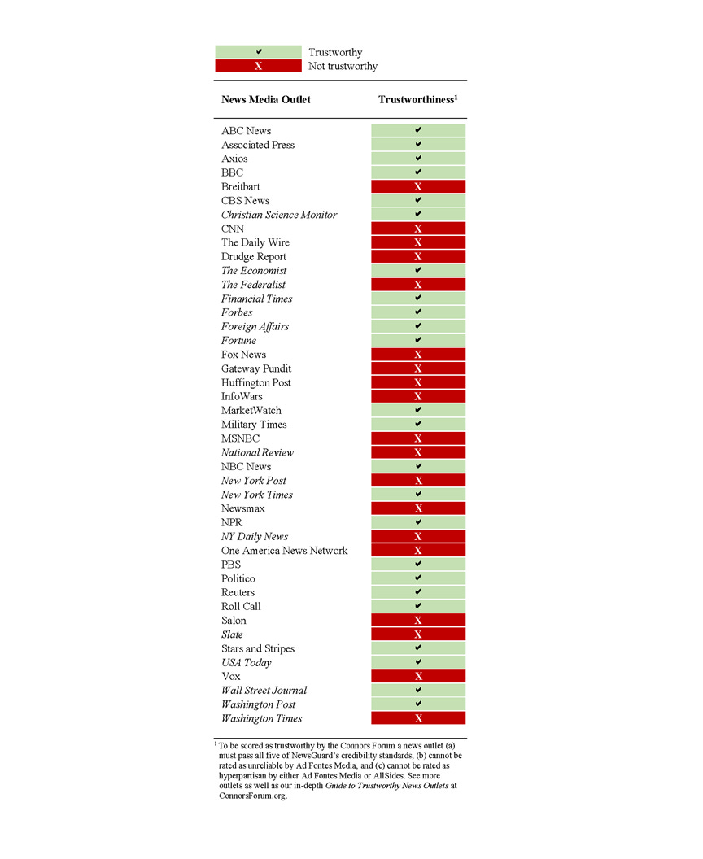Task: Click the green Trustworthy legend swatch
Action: [258, 52]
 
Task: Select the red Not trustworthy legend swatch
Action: [258, 66]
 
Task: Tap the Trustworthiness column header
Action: [418, 99]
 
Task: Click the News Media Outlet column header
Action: [266, 99]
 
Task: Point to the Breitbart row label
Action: [241, 186]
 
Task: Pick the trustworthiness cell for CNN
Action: [418, 229]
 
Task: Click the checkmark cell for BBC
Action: [418, 172]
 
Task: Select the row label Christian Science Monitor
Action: [279, 215]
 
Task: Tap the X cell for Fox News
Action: [418, 355]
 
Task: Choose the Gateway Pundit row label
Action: [256, 368]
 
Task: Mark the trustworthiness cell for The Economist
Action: [418, 270]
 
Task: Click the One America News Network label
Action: [284, 551]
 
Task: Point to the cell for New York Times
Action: [418, 495]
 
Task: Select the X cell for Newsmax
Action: [418, 508]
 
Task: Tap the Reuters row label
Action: [238, 592]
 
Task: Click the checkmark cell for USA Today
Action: [418, 662]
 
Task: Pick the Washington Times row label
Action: [261, 718]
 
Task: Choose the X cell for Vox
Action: [418, 676]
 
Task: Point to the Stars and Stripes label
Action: [258, 648]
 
